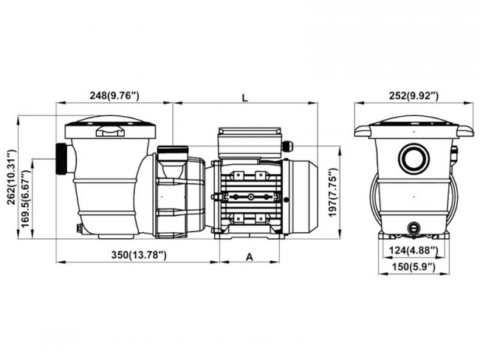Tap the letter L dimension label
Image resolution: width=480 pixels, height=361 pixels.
coord(245,96)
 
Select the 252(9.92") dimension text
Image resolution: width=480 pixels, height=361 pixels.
coord(413,95)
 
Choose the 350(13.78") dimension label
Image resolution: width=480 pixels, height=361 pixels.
coord(138,255)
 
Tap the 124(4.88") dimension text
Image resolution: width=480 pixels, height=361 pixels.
coord(414,249)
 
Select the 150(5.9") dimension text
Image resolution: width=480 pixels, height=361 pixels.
coord(414,266)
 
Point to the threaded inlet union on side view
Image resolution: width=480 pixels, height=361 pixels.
coord(61,159)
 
